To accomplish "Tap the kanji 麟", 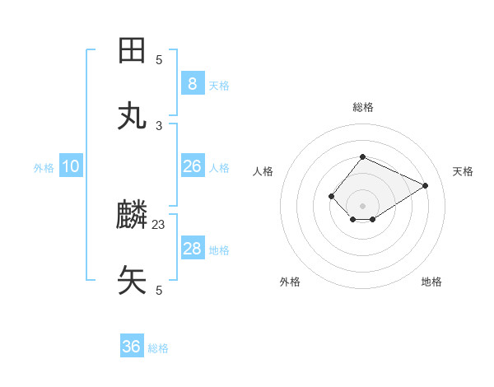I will tap(133, 216).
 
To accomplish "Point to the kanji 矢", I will tap(133, 280).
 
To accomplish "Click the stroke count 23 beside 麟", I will tap(159, 224).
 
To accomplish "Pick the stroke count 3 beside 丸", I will tap(159, 125).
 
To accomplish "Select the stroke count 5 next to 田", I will tap(159, 59).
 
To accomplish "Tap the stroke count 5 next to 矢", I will tap(159, 290).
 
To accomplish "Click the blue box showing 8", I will tap(192, 83).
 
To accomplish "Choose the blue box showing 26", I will tap(192, 166).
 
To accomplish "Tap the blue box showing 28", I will tap(192, 249).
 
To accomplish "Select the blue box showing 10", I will tap(71, 166).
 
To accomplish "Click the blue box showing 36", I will tap(131, 347).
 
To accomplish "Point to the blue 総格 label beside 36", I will tap(158, 348).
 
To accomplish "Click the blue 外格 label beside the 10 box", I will tap(44, 168).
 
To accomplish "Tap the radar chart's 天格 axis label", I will tap(463, 171).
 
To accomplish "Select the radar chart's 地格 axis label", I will tap(431, 282).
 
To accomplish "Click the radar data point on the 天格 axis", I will tap(426, 185).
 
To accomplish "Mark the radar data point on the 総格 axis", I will tap(362, 156).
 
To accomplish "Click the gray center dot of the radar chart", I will tap(362, 205).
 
